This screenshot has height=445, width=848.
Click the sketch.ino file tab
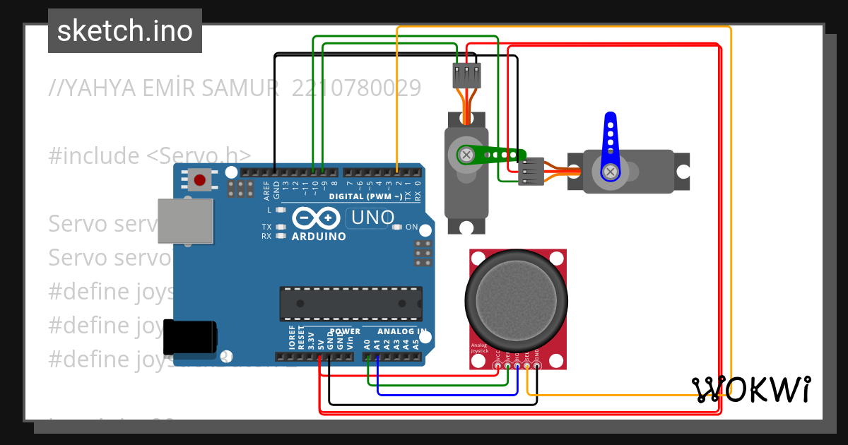pyautogui.click(x=124, y=31)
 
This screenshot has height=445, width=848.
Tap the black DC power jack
pyautogui.click(x=189, y=337)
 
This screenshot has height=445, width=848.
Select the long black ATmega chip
pyautogui.click(x=351, y=304)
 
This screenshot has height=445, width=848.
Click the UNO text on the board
pyautogui.click(x=372, y=218)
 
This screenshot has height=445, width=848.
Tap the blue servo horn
pyautogui.click(x=608, y=148)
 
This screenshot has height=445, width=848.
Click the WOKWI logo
pyautogui.click(x=751, y=389)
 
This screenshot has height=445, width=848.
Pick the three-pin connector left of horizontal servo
pyautogui.click(x=531, y=171)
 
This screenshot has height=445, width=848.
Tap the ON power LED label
pyautogui.click(x=412, y=227)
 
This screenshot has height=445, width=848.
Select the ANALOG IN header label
pyautogui.click(x=401, y=331)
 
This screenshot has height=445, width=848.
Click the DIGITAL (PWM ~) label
pyautogui.click(x=365, y=196)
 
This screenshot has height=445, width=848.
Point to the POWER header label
pyautogui.click(x=345, y=331)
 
